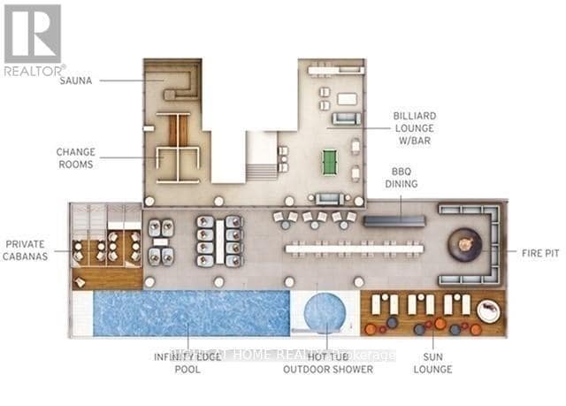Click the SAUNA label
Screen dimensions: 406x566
(76, 80)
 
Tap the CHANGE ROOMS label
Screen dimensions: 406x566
(76, 157)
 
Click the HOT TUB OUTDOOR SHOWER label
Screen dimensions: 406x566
(325, 364)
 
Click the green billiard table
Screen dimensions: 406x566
(331, 161)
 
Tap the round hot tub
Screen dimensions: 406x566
(325, 313)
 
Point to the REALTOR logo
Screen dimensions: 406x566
(33, 39)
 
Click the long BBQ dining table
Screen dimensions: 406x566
(394, 219)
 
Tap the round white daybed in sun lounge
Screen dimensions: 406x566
(488, 311)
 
